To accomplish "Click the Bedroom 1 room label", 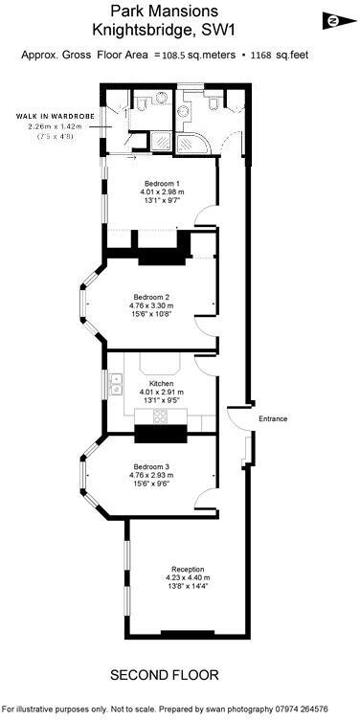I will pos(162,183).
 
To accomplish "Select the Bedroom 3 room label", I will pos(153,465).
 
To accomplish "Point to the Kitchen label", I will pos(161,382).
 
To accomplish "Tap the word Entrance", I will pos(272,418).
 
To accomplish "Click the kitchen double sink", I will pos(119,388).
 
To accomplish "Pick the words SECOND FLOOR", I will pos(164,675).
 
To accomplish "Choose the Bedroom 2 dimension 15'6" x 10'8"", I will pos(154,314).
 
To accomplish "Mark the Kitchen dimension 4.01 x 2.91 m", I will pos(161,392).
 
